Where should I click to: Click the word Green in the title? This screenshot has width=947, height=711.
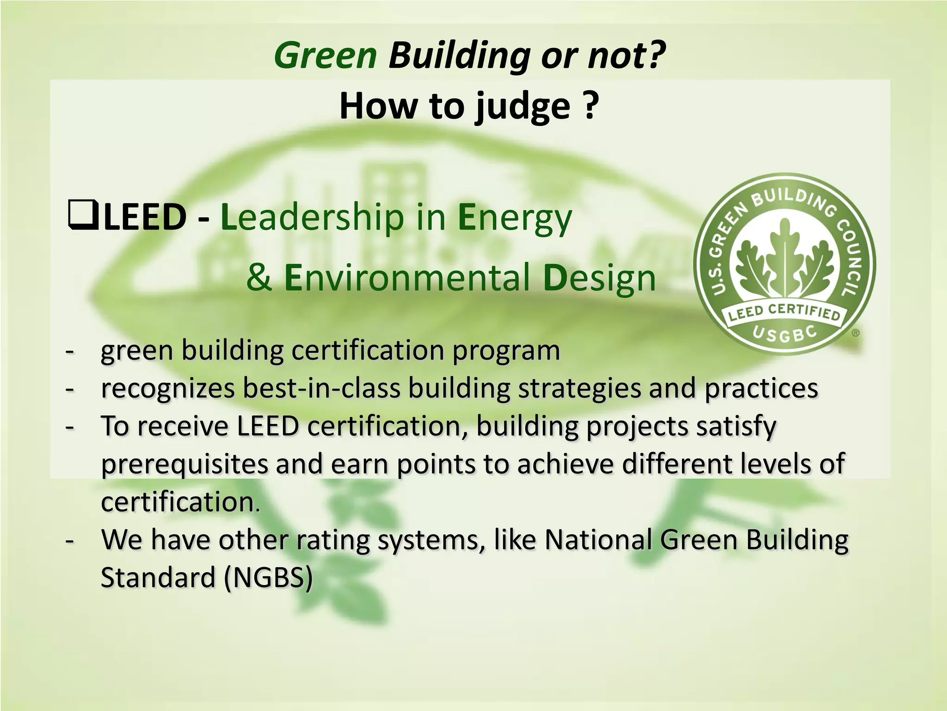click(326, 56)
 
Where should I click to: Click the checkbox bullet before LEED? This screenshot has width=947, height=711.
click(83, 215)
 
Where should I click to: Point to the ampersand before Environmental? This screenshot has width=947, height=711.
click(259, 277)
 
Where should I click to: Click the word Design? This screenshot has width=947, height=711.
click(599, 277)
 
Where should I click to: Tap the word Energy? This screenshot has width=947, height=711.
click(515, 218)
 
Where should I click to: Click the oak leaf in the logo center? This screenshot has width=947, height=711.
click(784, 259)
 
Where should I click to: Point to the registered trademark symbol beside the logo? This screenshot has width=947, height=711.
click(856, 332)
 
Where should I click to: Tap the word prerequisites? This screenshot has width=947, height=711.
click(184, 464)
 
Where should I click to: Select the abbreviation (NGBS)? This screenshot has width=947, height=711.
click(268, 577)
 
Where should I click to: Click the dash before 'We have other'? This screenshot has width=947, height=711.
click(70, 540)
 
